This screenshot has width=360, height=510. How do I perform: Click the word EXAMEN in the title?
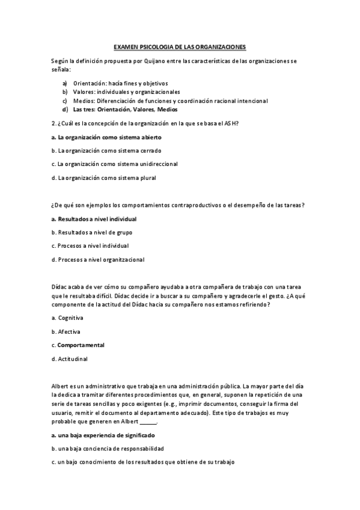[127, 47]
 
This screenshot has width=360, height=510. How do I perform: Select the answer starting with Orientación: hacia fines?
[120, 83]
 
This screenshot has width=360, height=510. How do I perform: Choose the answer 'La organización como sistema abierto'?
[106, 137]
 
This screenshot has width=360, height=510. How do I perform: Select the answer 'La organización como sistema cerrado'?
[106, 150]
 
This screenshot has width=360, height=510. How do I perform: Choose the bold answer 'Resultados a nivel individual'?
[94, 219]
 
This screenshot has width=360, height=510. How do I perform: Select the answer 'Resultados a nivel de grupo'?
[91, 232]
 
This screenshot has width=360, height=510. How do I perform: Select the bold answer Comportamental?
[81, 345]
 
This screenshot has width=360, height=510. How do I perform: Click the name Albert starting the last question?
[61, 386]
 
